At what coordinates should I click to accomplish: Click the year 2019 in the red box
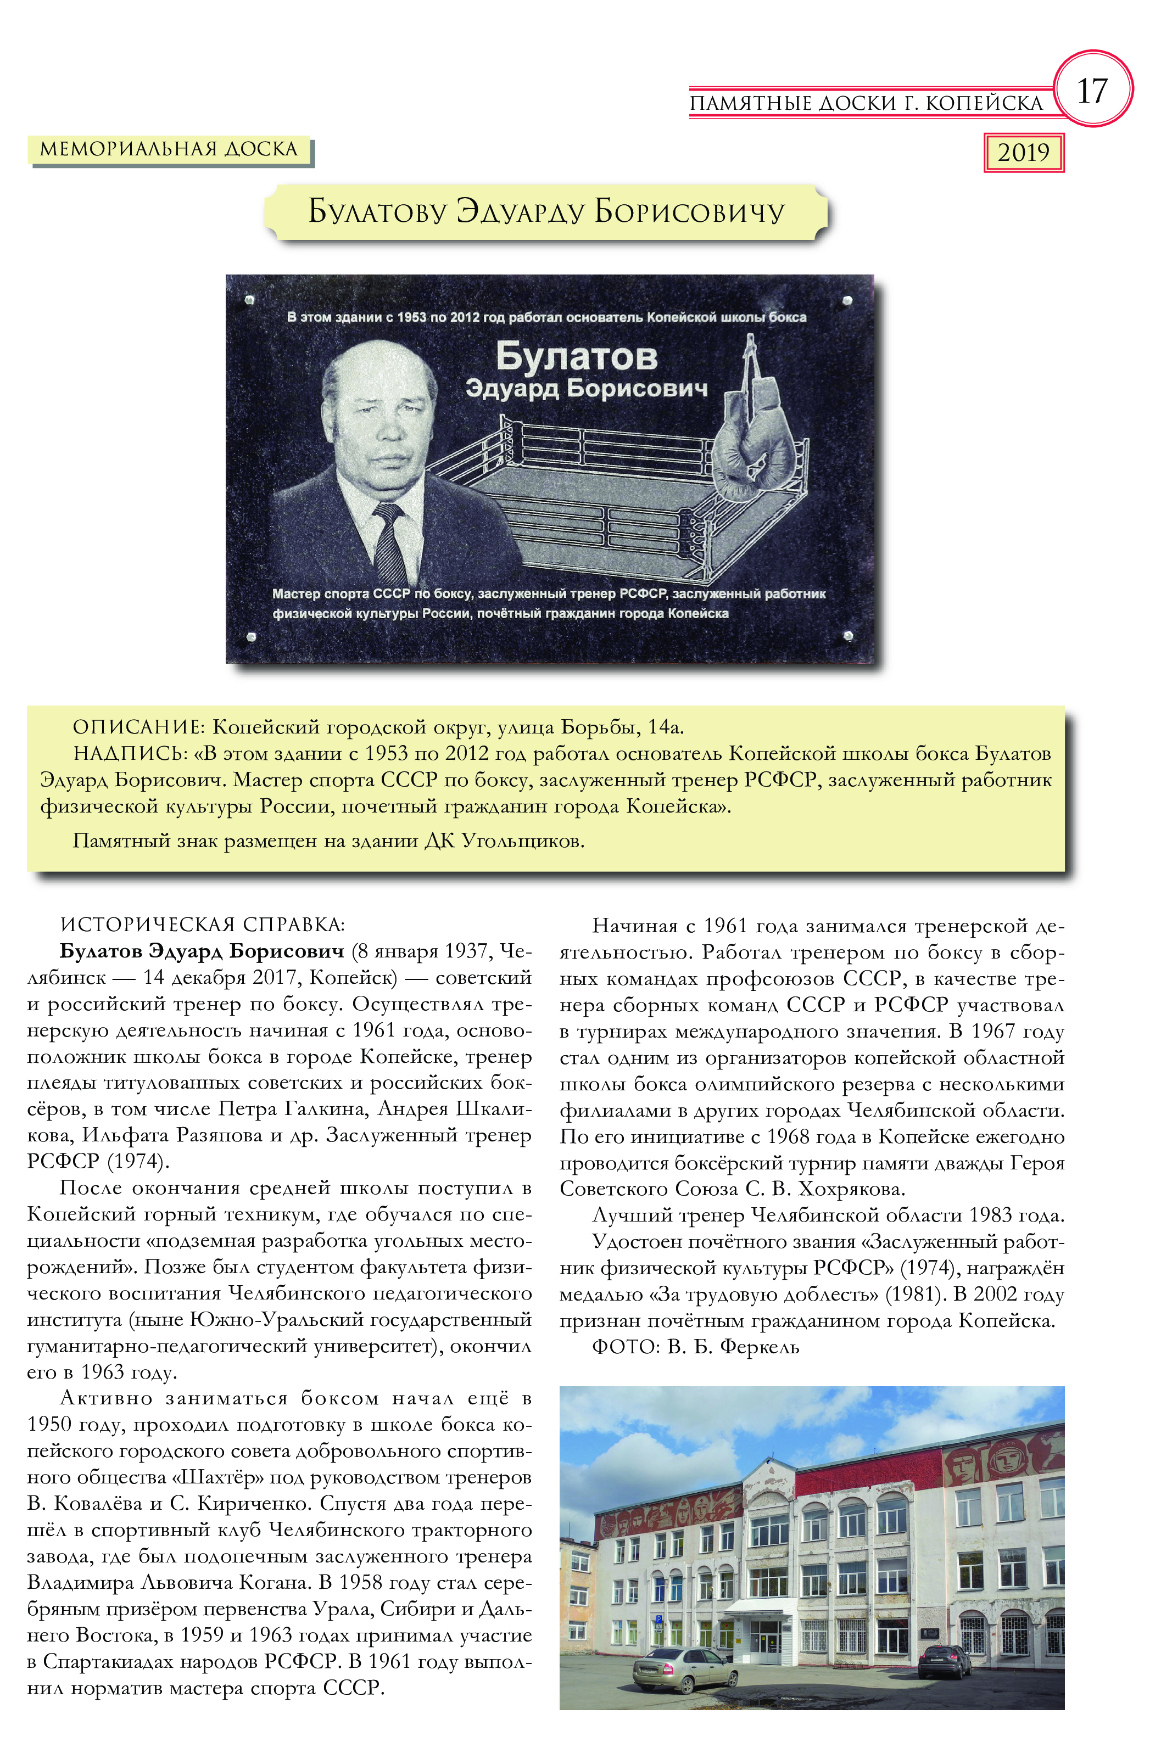1023,153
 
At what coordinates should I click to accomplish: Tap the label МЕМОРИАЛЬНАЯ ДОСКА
168,149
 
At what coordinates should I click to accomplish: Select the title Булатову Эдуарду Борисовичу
546,212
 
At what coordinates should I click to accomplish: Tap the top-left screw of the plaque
249,300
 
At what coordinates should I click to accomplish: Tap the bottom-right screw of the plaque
848,636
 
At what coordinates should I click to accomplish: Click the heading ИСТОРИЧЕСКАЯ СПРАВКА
202,925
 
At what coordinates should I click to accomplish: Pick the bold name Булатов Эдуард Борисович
202,951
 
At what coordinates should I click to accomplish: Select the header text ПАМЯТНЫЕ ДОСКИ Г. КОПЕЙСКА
866,103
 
